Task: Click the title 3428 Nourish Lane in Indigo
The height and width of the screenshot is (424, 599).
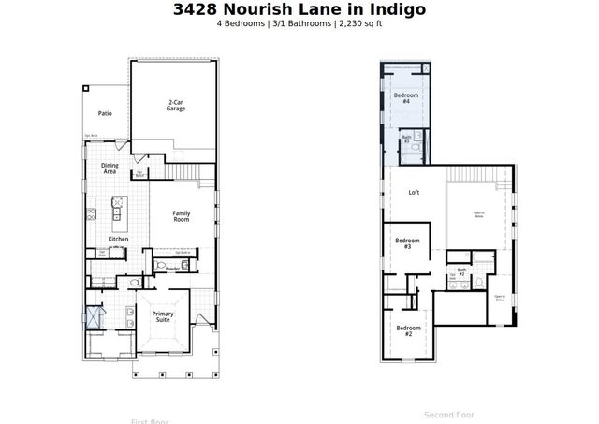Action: pyautogui.click(x=299, y=10)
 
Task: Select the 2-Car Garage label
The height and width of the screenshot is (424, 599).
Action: pyautogui.click(x=176, y=105)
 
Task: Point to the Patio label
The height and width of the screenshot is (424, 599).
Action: pyautogui.click(x=105, y=113)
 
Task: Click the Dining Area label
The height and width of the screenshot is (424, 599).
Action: pyautogui.click(x=110, y=168)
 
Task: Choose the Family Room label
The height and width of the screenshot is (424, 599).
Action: pyautogui.click(x=181, y=216)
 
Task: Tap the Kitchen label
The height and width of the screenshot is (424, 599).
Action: pyautogui.click(x=117, y=240)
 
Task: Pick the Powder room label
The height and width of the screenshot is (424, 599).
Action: pyautogui.click(x=173, y=268)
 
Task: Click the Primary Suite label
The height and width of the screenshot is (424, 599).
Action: pyautogui.click(x=163, y=317)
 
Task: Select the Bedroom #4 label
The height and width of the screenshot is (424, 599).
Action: pyautogui.click(x=405, y=98)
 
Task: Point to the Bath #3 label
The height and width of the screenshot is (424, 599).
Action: pyautogui.click(x=406, y=139)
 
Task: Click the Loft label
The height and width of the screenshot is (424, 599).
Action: pyautogui.click(x=414, y=193)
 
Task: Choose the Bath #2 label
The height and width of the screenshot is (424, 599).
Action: pyautogui.click(x=461, y=271)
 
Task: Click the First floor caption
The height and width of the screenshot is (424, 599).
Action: pyautogui.click(x=151, y=420)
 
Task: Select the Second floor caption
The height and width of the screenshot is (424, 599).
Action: pyautogui.click(x=449, y=414)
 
